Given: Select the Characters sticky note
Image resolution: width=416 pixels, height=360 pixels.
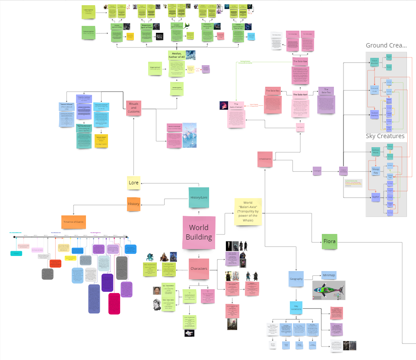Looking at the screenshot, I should pos(199,269).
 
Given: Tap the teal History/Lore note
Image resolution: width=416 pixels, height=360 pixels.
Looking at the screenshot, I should pos(199,198).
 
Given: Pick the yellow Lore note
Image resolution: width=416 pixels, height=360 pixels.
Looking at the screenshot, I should pos(134,183).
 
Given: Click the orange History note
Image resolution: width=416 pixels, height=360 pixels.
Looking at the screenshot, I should pos(133,204).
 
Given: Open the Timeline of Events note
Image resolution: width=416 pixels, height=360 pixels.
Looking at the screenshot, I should pos(73,222).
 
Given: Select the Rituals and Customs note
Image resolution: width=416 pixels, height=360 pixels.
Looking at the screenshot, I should pos(134,108).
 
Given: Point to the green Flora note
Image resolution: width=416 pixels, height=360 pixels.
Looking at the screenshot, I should pos(329,241).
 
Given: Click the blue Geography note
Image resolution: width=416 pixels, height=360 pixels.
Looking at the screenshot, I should pos(296,279).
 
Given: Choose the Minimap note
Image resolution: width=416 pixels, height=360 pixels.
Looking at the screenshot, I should pos(328,275).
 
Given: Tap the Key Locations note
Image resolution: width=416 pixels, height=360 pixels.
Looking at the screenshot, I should pos(296,308).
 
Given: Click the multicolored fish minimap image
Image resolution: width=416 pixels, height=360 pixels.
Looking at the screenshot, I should pos(327,291).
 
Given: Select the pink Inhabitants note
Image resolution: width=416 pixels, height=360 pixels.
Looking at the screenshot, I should pos(265,159).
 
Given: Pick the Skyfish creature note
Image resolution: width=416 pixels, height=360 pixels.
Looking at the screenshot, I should pos(375,197).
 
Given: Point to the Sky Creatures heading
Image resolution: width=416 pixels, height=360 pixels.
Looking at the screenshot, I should pos(385,136).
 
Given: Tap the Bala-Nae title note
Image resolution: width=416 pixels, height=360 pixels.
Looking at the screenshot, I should pos(300,61).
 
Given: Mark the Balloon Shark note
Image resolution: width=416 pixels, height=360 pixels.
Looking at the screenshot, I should pos(375,152).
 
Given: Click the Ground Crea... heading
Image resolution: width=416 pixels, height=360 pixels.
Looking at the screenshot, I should pos(386,45).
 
